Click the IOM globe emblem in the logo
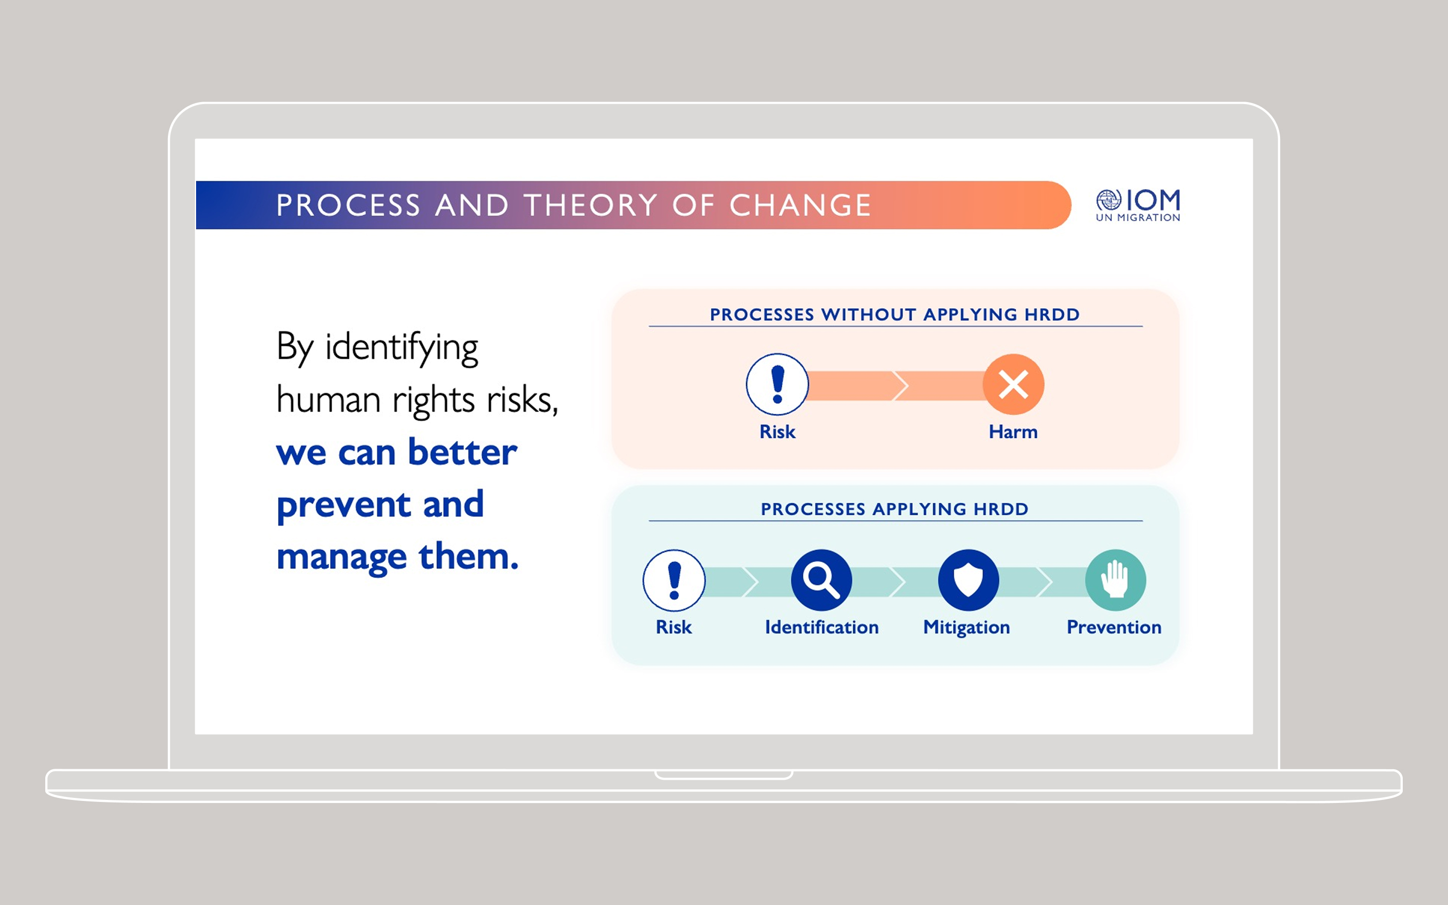pos(1108,200)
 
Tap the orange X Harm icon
pos(1014,384)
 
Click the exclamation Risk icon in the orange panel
pos(777,384)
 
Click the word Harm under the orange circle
pos(1013,431)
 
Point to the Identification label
pos(822,627)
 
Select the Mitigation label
pos(966,628)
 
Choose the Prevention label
pos(1114,627)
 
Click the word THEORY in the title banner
pos(591,205)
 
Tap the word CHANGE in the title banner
pos(800,205)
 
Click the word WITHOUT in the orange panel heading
pos(869,314)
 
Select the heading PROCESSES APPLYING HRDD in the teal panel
pos(894,509)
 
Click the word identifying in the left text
pos(402,348)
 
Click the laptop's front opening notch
pos(724,775)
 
